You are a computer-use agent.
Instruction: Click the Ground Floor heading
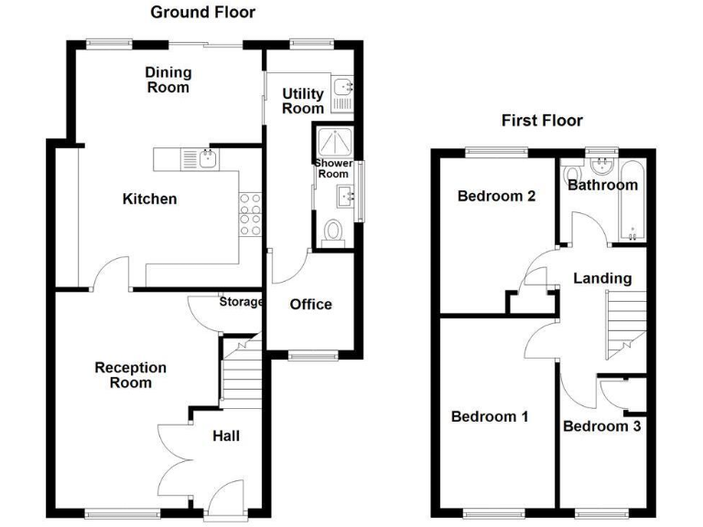pos(202,12)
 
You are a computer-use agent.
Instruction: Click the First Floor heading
pos(542,120)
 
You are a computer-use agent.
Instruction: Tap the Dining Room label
pos(168,80)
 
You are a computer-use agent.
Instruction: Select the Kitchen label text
pos(149,199)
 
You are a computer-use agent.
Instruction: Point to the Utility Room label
pos(303,101)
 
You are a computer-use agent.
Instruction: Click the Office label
pos(310,305)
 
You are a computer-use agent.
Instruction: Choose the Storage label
pos(241,302)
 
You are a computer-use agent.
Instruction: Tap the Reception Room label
pos(131,375)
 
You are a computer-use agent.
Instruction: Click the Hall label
pos(226,436)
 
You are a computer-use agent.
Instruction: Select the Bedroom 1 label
pos(490,417)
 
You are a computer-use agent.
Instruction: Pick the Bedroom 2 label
pos(496,196)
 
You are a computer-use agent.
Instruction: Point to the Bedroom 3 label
pos(601,426)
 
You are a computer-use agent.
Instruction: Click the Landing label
pos(601,278)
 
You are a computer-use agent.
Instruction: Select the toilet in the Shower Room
pos(332,232)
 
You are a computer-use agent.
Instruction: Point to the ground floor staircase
pos(242,370)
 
